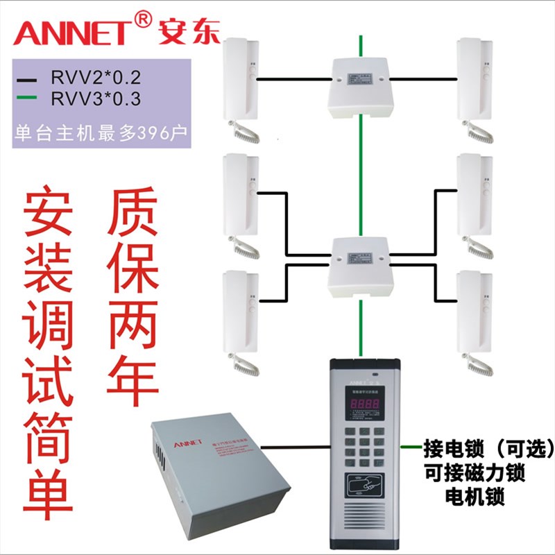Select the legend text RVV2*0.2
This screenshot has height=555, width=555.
95,76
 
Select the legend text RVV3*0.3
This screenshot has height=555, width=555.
95,99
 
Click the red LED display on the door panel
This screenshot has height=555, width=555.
366,403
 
